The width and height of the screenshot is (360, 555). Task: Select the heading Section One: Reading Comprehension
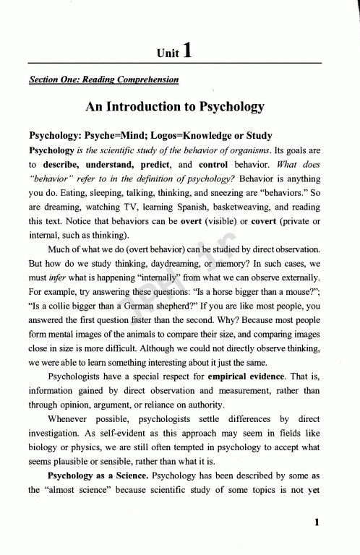pyautogui.click(x=102, y=79)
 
